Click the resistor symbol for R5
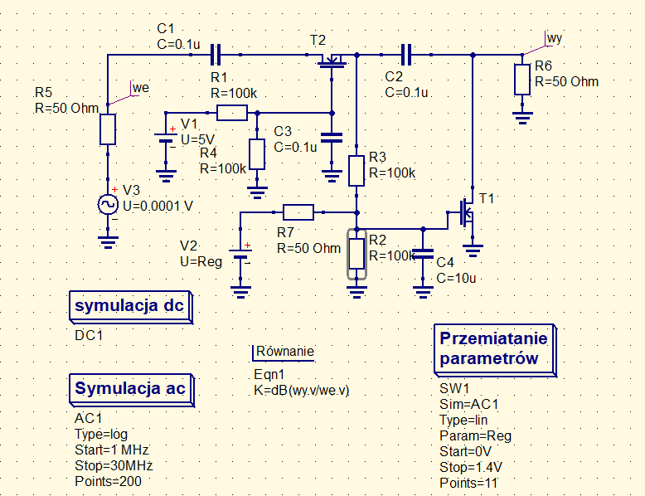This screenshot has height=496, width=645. (x=108, y=129)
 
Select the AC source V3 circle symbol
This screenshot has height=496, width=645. (x=108, y=204)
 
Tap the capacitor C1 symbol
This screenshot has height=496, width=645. (x=216, y=55)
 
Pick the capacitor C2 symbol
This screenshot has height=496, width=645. (x=406, y=55)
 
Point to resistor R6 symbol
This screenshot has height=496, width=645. (x=522, y=80)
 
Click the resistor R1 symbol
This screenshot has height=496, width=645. (x=232, y=113)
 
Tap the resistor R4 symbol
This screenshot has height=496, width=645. (x=257, y=154)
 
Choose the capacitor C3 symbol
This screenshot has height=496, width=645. (x=332, y=138)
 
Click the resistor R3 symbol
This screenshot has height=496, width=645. (x=356, y=170)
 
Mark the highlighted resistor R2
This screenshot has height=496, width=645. (x=356, y=254)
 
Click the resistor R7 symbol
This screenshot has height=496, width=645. (x=298, y=212)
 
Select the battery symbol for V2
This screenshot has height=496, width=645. (x=240, y=256)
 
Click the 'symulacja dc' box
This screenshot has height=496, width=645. (x=129, y=306)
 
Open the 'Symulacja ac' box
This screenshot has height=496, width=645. (x=129, y=389)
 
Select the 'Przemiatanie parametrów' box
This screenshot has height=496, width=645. (x=493, y=348)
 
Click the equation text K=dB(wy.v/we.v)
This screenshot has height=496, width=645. (x=302, y=389)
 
